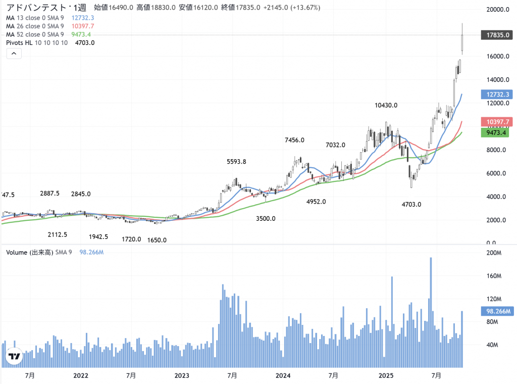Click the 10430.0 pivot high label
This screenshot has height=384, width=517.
point(386,106)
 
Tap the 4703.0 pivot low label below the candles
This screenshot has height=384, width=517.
point(411,205)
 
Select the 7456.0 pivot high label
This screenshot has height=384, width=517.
point(295,140)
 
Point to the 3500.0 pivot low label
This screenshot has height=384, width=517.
point(266,219)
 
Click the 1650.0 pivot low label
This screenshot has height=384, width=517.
point(157,240)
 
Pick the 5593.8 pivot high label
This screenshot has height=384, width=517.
point(236,162)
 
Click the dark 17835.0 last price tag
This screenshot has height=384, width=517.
point(498,35)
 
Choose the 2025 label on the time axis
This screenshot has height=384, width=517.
point(386,375)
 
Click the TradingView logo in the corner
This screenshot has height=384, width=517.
point(14,357)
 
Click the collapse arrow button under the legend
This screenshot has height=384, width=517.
point(14,54)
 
